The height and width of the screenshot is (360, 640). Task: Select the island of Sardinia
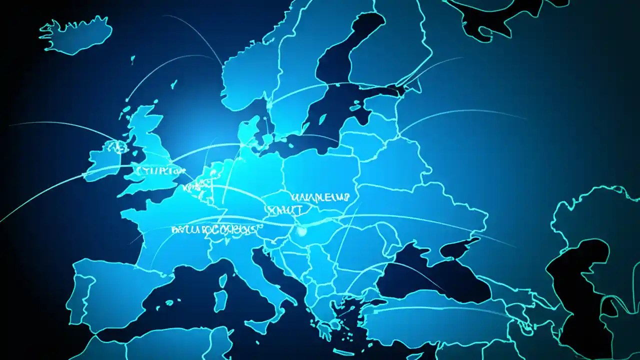pyautogui.click(x=220, y=300)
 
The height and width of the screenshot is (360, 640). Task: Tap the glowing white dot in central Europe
pyautogui.click(x=301, y=231)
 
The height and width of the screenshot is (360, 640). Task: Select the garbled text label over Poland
pyautogui.click(x=320, y=196)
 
